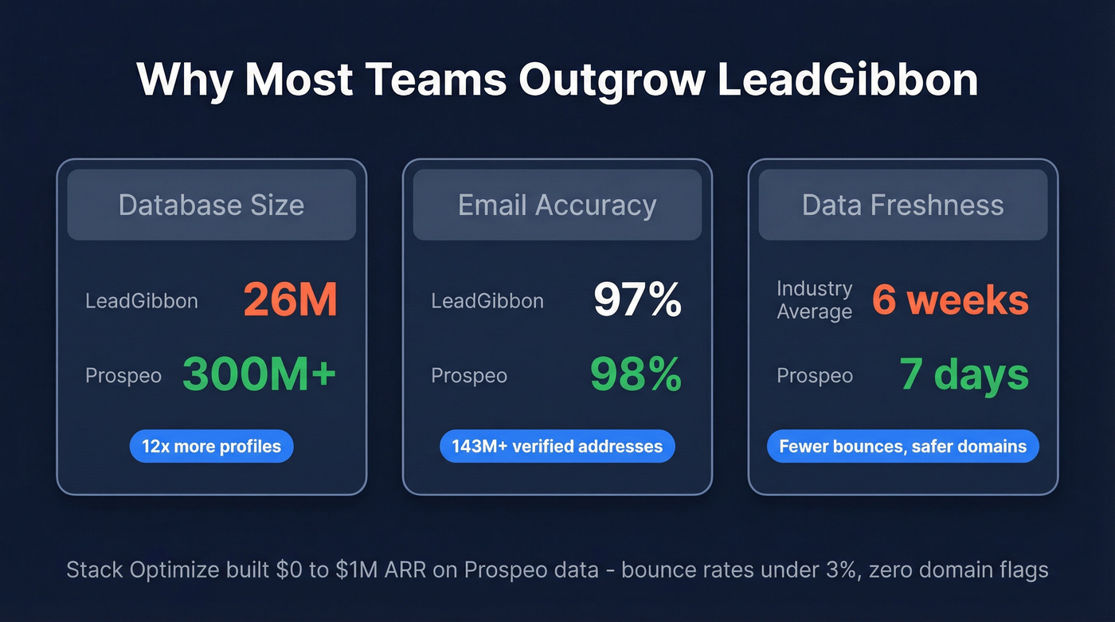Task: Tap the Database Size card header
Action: tap(211, 205)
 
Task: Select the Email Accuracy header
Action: tap(557, 205)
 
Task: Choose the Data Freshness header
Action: tap(902, 205)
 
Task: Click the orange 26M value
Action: tap(290, 301)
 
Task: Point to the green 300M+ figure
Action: tap(260, 375)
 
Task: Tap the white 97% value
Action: tap(637, 301)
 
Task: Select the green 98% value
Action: tap(636, 375)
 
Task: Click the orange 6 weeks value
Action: tap(950, 300)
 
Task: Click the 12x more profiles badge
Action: tap(211, 446)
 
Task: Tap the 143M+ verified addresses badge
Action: tap(557, 446)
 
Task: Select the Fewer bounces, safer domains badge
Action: tap(902, 446)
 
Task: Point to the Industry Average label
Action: tap(814, 300)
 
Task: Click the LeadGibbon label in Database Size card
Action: tap(141, 301)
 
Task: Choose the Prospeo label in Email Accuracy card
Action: tap(468, 376)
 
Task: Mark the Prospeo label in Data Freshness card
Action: tap(814, 376)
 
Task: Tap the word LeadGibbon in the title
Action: tap(847, 80)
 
